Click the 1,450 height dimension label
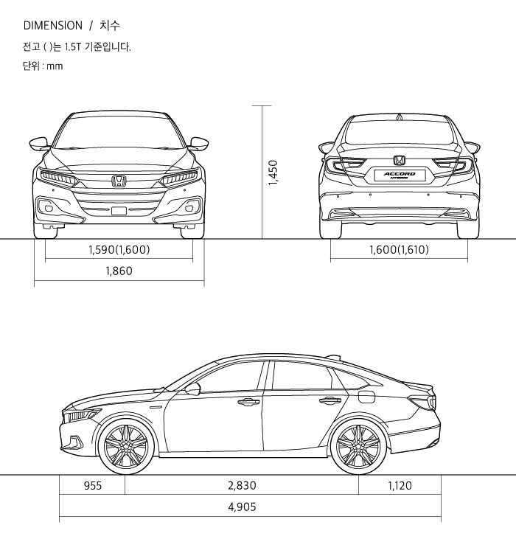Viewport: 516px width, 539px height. [x=272, y=173]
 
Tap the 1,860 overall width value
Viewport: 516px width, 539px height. [x=119, y=271]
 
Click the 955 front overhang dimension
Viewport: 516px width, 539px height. [x=92, y=485]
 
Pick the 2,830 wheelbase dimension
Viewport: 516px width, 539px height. [x=242, y=485]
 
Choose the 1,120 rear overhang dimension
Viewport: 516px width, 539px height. [x=400, y=485]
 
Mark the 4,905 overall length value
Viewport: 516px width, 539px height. [x=243, y=507]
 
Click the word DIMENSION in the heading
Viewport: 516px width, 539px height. [x=53, y=25]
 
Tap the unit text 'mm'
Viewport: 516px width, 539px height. [x=55, y=66]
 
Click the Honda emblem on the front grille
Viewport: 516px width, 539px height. [x=119, y=180]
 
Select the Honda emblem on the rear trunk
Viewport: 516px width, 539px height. [x=399, y=160]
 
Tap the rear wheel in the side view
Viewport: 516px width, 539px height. [x=358, y=447]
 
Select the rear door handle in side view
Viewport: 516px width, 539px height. [x=329, y=401]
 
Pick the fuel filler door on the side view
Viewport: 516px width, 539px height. [x=366, y=397]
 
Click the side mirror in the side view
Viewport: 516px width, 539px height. [x=193, y=388]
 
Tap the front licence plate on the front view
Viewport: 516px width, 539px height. [x=119, y=211]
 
